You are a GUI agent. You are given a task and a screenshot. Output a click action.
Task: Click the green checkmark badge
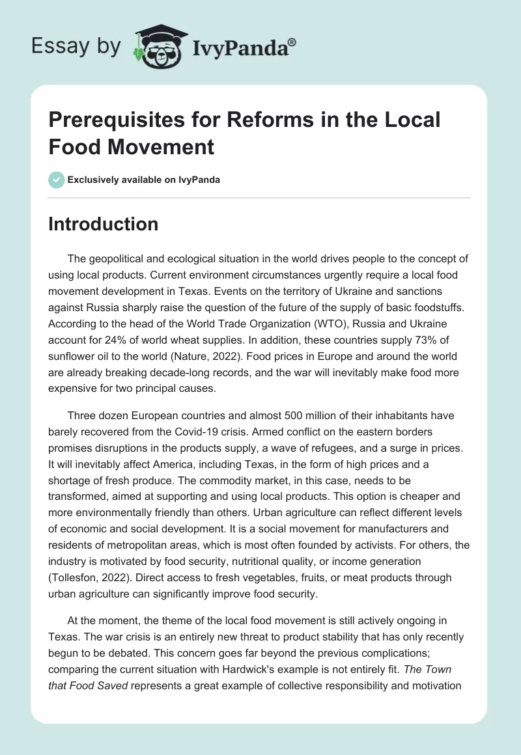point(57,180)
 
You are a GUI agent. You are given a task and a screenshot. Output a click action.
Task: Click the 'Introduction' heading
point(104,224)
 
